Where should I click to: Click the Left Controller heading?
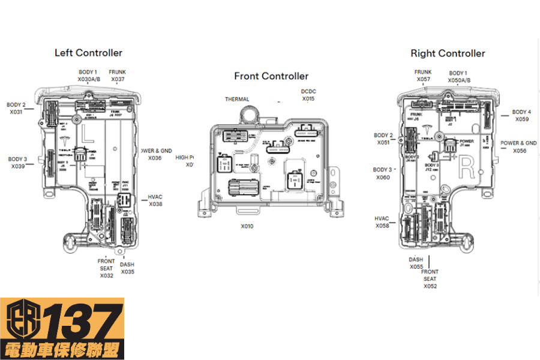88,53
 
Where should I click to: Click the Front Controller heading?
271,76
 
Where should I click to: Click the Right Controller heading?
448,53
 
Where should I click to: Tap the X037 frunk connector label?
118,79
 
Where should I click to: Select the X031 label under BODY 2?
16,112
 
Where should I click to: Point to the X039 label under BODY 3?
17,166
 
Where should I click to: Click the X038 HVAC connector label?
156,204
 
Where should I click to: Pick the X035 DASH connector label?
127,272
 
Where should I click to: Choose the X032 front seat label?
106,276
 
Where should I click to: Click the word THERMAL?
237,99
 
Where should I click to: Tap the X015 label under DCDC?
308,98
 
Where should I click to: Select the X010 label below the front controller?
247,226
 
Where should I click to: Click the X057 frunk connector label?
424,79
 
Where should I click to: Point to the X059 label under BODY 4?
521,119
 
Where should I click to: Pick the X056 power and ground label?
520,151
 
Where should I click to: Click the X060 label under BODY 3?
383,178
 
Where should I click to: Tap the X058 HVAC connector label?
382,226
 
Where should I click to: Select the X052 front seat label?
430,286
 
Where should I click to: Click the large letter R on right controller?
466,169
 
